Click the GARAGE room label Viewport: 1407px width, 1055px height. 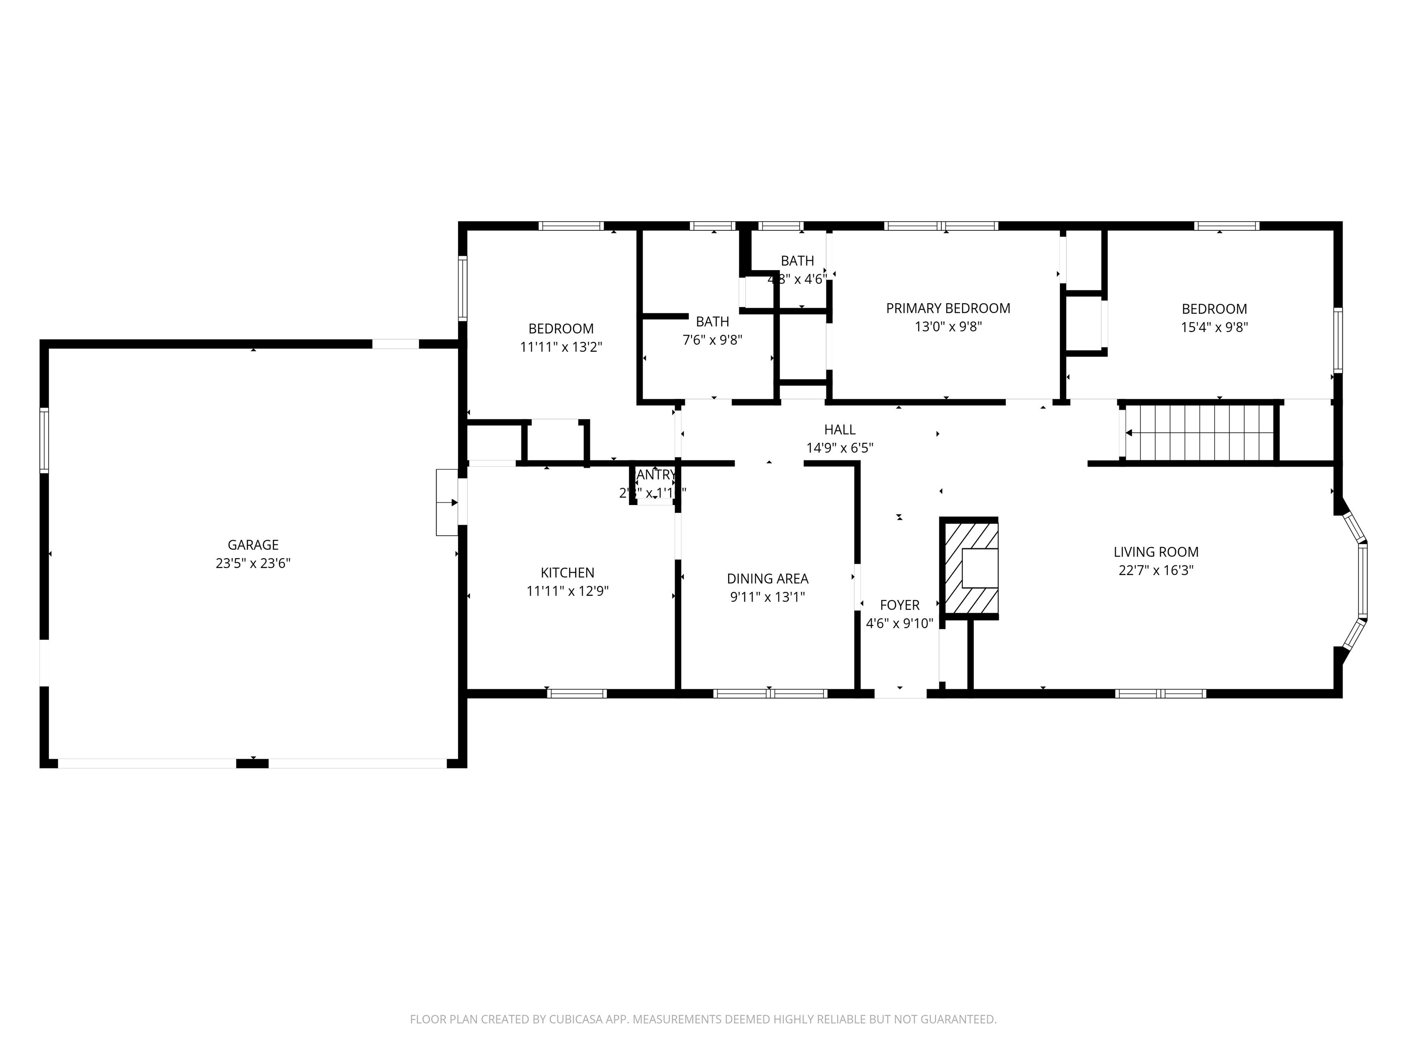253,545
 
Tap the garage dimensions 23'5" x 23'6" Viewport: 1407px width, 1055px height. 253,563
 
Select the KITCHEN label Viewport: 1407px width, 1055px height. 567,573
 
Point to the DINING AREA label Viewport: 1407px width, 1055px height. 768,579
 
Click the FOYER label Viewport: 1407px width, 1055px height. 900,605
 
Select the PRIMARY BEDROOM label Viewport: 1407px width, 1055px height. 948,309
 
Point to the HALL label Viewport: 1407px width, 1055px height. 840,430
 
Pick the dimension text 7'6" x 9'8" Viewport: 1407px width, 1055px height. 712,341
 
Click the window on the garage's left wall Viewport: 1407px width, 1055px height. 44,440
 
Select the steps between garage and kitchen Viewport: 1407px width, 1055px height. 447,502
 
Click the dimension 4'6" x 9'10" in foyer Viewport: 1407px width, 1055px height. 900,624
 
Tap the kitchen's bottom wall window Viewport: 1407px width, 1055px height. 577,694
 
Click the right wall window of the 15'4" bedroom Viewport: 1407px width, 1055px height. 1338,340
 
